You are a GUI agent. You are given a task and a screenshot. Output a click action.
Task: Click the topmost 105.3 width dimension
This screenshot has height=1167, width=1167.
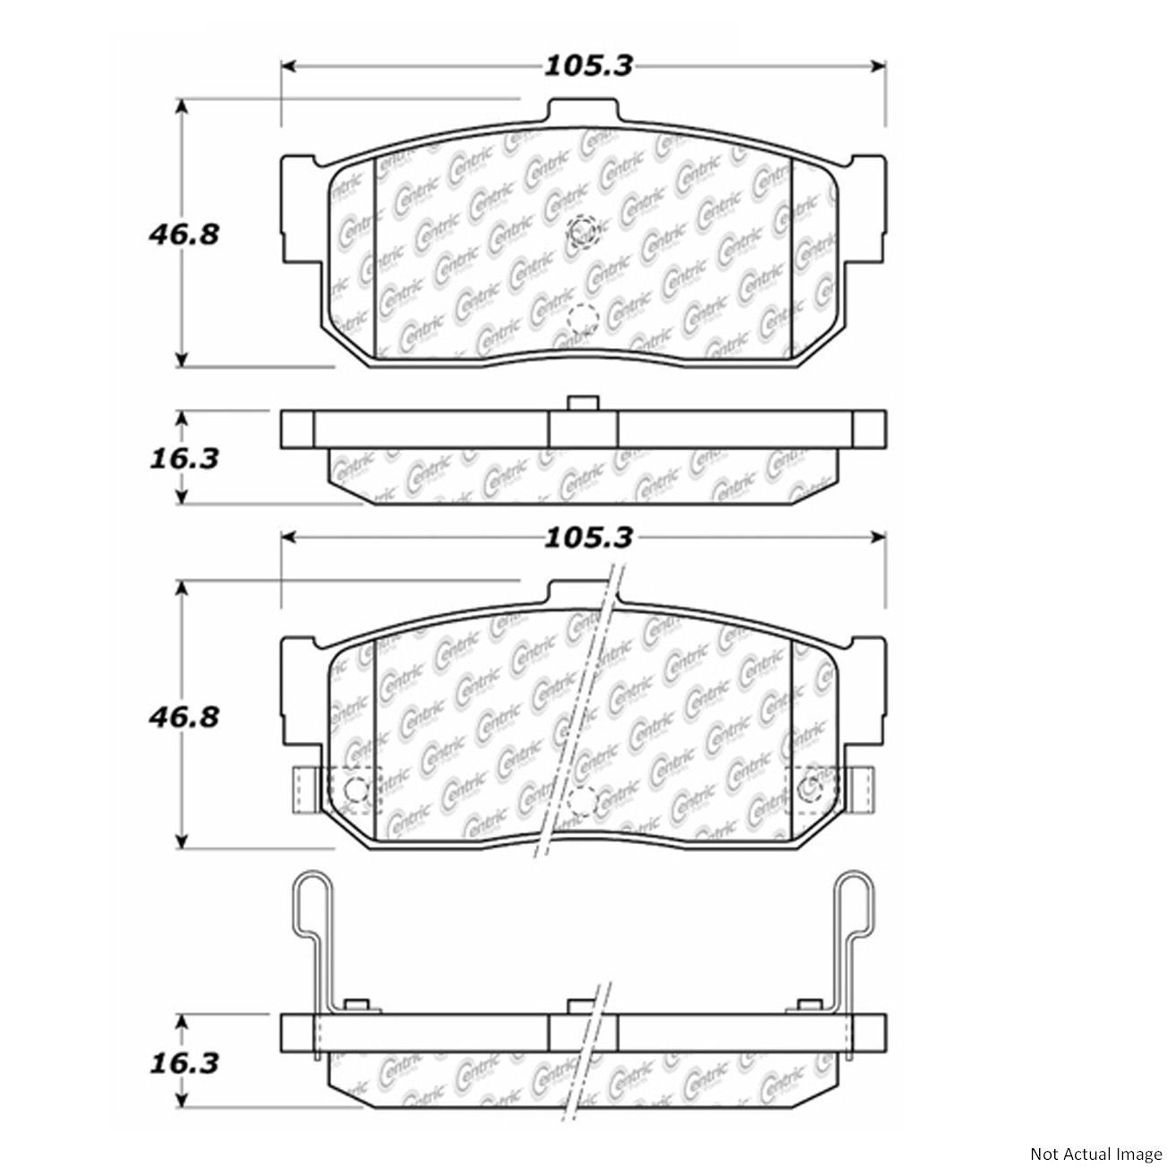[588, 66]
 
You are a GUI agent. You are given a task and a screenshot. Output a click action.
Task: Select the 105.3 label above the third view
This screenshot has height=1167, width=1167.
[588, 538]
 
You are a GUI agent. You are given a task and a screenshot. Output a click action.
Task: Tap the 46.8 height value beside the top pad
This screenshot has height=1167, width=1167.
[183, 234]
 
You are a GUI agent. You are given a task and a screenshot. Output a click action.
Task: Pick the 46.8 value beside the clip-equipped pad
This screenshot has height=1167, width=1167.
[183, 719]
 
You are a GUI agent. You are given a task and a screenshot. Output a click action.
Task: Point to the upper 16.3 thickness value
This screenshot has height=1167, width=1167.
[183, 459]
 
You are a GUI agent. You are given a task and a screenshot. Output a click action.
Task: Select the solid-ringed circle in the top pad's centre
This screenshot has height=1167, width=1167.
[582, 229]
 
